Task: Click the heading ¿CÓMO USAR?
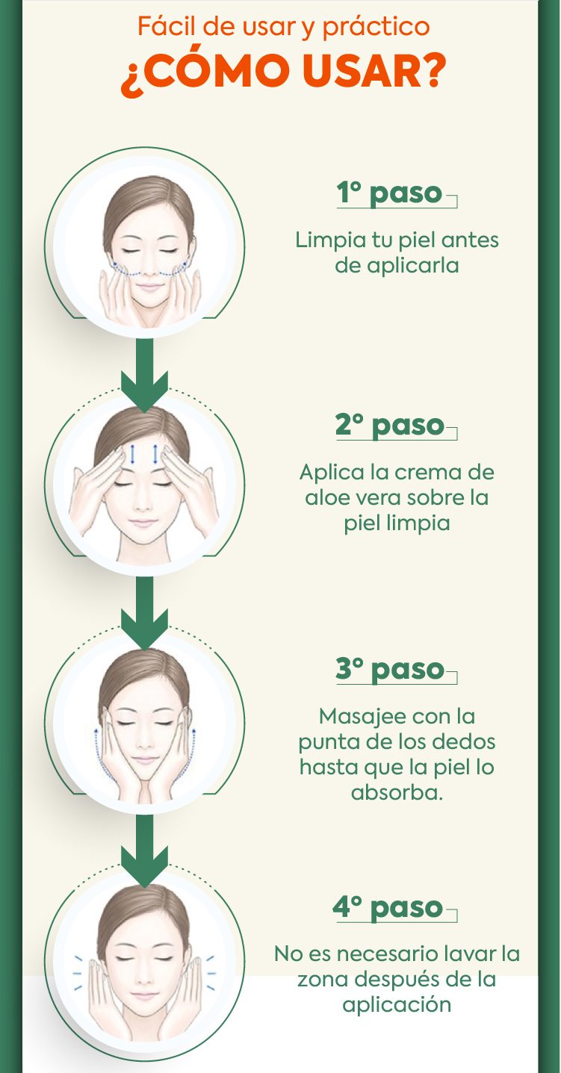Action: click(283, 73)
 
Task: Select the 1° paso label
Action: click(389, 193)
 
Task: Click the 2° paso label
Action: click(390, 425)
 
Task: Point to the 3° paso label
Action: click(390, 669)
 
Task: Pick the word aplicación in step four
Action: click(397, 1005)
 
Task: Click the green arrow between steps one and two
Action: click(144, 376)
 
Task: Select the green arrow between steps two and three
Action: click(144, 613)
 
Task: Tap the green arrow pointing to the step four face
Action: click(144, 851)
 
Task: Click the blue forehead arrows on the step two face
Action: click(143, 454)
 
